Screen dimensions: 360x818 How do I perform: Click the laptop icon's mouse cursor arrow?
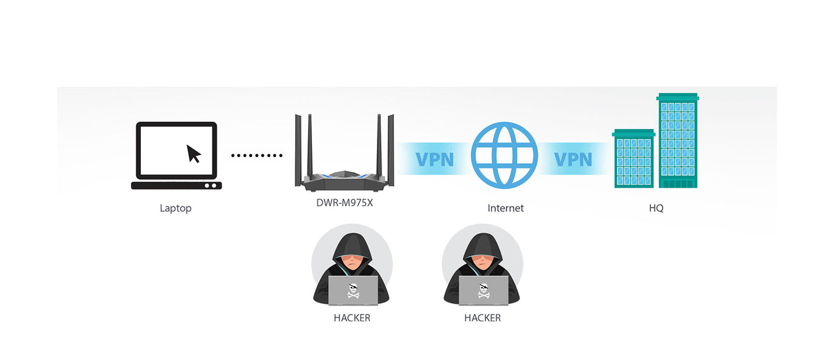[x=193, y=154]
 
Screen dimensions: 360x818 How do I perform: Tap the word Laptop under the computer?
[x=175, y=208]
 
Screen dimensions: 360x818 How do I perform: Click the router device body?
[x=344, y=181]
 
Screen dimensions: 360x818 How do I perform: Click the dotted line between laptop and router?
[x=257, y=155]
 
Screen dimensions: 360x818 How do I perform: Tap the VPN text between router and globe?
[x=434, y=159]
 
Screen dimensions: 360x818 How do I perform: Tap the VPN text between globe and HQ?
[x=573, y=159]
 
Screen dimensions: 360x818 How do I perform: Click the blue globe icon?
[x=504, y=155]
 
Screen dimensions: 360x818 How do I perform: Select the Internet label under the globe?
[x=505, y=208]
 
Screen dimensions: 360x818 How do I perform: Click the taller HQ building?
[x=678, y=140]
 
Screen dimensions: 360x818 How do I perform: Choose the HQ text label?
[x=656, y=208]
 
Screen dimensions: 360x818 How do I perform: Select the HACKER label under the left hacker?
[x=352, y=318]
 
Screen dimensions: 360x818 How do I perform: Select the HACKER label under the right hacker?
[x=483, y=318]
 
